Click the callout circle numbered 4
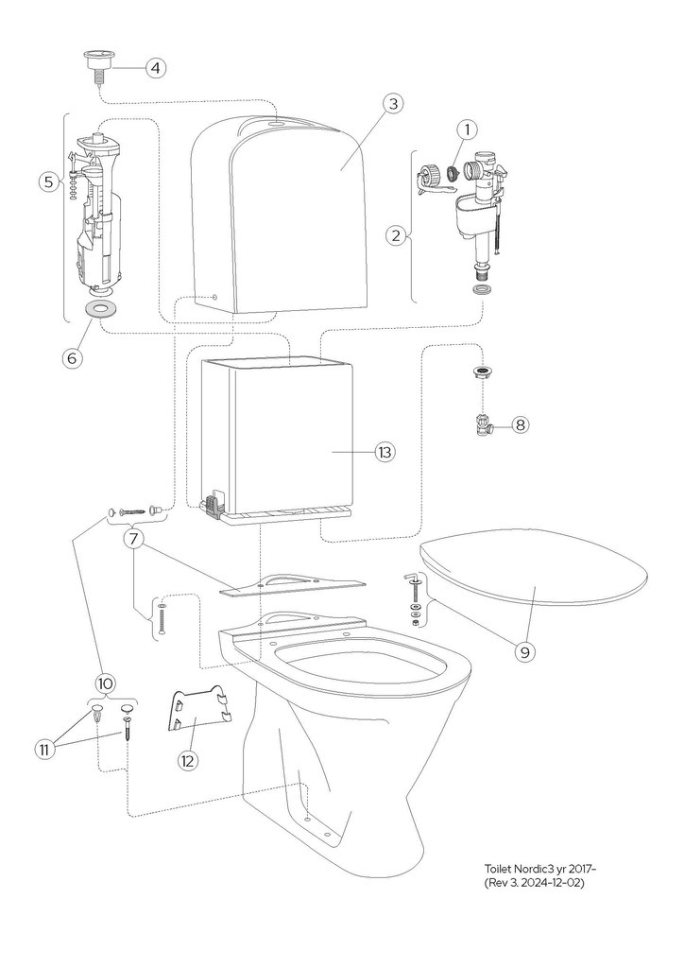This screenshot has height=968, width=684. point(156,67)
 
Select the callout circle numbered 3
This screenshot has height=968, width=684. point(393,103)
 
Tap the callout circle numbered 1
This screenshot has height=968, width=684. point(467,129)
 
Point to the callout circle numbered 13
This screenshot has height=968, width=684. point(385,453)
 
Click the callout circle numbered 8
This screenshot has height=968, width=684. point(520,424)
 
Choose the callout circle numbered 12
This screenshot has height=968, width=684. point(187,761)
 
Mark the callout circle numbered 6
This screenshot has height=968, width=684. point(72,357)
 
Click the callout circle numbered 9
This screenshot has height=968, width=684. point(525,652)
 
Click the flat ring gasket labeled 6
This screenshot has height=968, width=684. point(98,307)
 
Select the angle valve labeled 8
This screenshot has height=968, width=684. point(484,424)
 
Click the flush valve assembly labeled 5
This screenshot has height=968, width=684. point(95,213)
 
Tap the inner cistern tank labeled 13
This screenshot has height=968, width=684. point(278,440)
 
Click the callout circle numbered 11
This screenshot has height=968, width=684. point(43,749)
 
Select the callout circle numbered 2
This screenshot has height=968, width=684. point(397,234)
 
